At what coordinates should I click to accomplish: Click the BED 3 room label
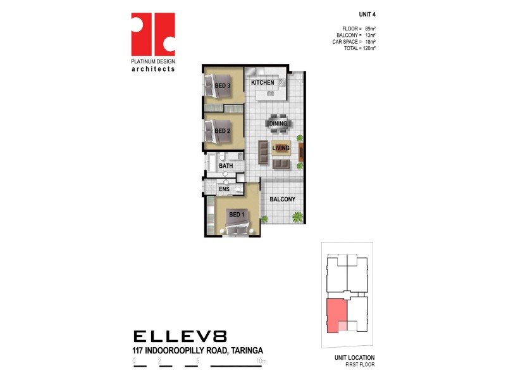tap(221, 85)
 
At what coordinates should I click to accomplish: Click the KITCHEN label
tap(262, 83)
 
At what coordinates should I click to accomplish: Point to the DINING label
tap(278, 123)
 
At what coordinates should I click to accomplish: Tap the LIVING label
tap(281, 148)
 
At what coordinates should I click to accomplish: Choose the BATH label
tap(226, 166)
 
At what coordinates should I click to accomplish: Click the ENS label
tap(224, 189)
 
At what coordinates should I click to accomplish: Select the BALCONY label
tap(282, 199)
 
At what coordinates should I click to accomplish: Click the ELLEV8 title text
tap(180, 336)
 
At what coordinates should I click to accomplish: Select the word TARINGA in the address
tap(243, 350)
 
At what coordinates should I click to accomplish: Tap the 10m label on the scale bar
tap(262, 361)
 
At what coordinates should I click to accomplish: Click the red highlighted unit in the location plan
tap(336, 315)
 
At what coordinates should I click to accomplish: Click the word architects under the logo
tap(152, 68)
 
